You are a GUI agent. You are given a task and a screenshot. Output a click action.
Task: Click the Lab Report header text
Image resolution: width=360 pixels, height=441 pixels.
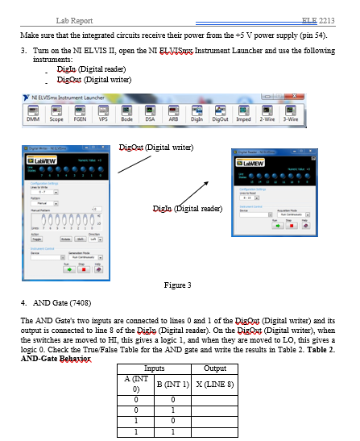[73, 19]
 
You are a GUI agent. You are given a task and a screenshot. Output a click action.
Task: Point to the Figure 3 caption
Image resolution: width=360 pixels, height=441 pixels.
[176, 285]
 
